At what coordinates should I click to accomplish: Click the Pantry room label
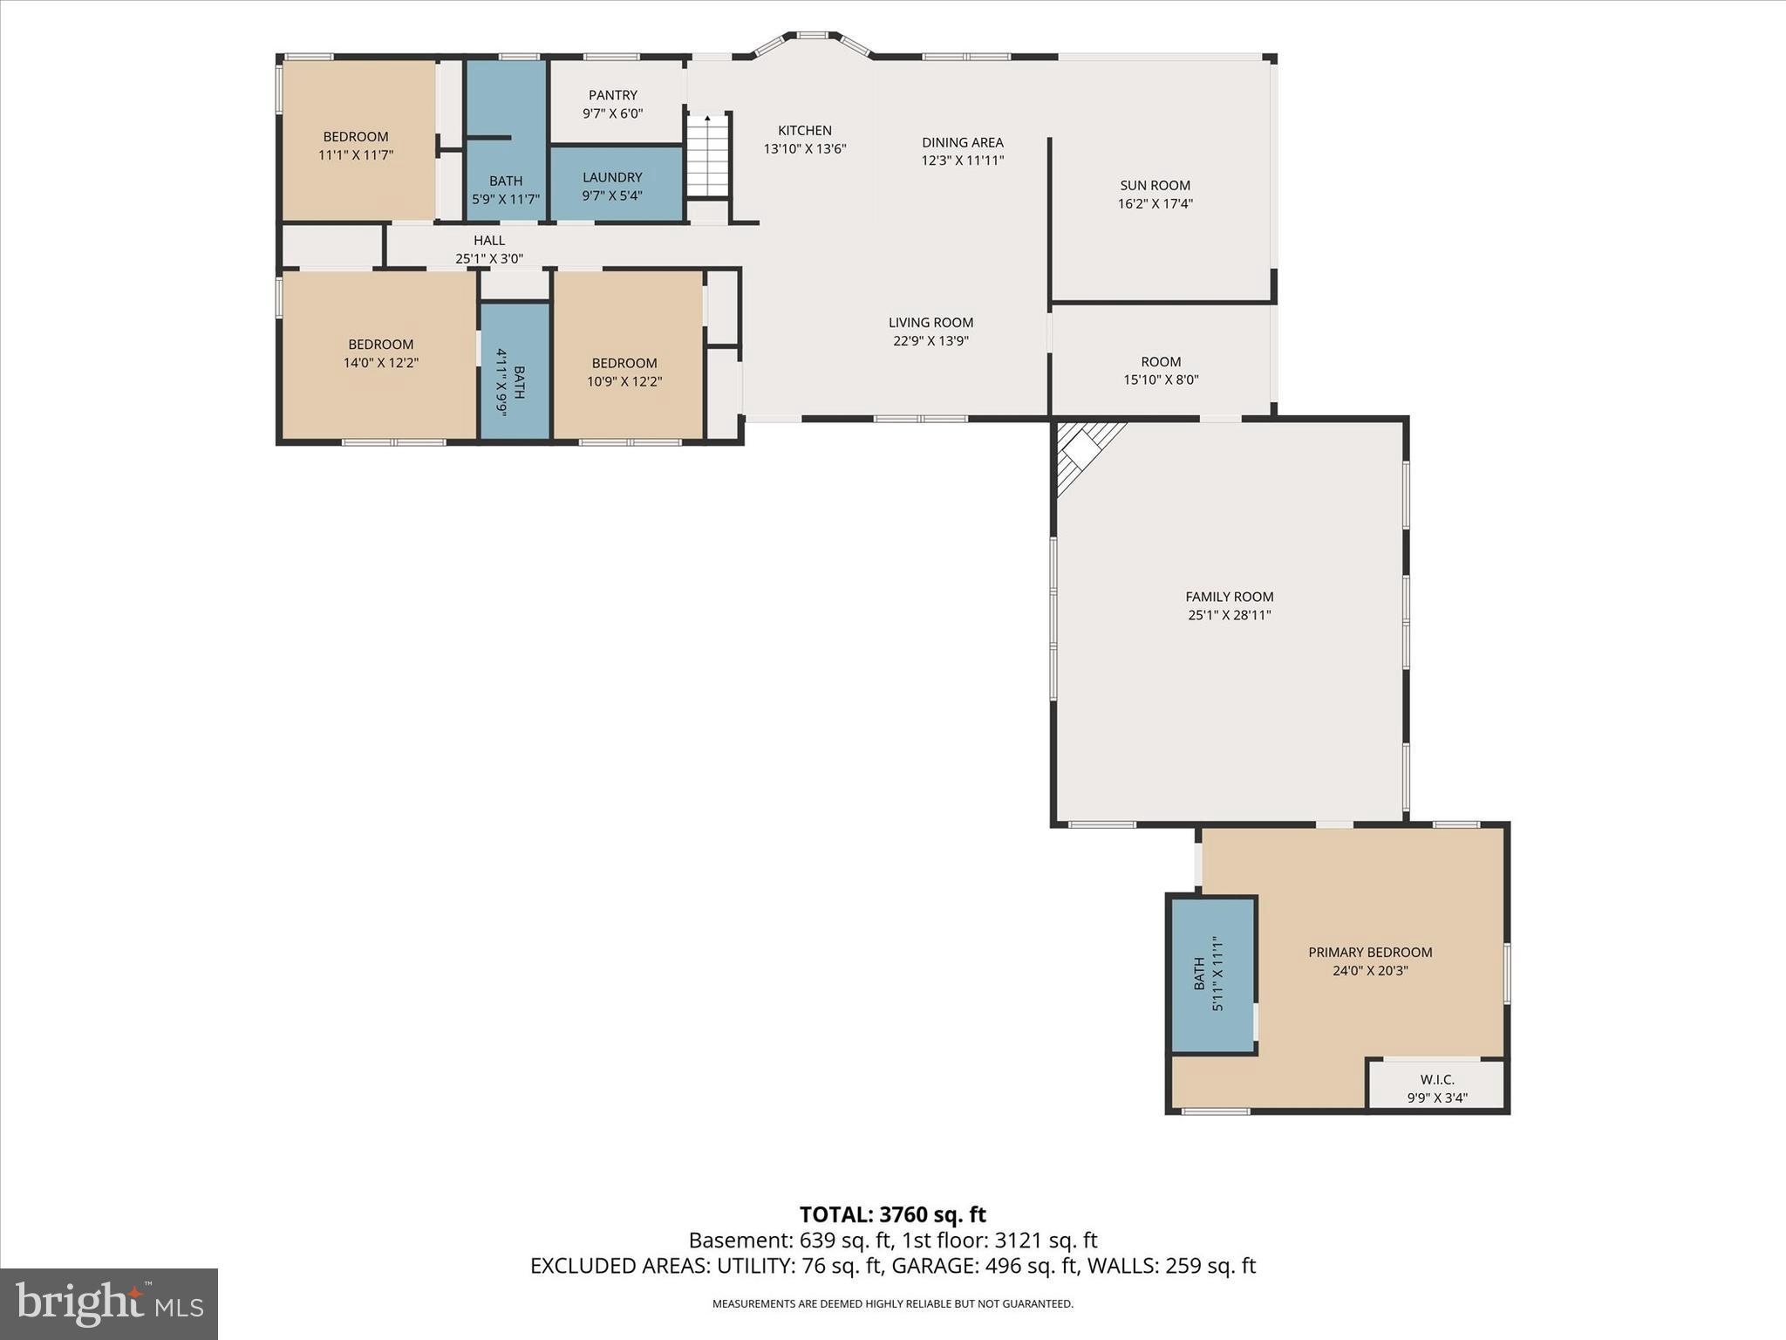click(x=612, y=95)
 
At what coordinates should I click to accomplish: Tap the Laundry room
click(x=616, y=184)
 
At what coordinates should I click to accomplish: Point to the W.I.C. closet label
click(x=1436, y=1079)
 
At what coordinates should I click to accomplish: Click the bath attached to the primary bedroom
click(x=1212, y=974)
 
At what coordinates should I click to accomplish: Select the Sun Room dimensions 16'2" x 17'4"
click(x=1155, y=204)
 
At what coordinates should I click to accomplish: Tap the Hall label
click(x=488, y=240)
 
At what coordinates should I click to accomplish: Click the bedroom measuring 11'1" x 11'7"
click(x=357, y=145)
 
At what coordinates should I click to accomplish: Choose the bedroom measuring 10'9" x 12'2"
click(x=624, y=372)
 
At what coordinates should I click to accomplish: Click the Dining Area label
click(x=962, y=142)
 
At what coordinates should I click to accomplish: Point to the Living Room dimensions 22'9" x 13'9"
click(x=930, y=341)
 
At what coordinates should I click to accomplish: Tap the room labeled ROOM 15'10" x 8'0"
click(x=1161, y=370)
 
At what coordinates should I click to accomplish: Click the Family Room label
click(x=1229, y=597)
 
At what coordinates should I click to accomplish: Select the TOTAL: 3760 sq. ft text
click(x=892, y=1214)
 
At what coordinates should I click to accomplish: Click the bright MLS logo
click(x=109, y=1303)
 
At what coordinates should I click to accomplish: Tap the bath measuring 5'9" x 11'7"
click(x=506, y=188)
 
